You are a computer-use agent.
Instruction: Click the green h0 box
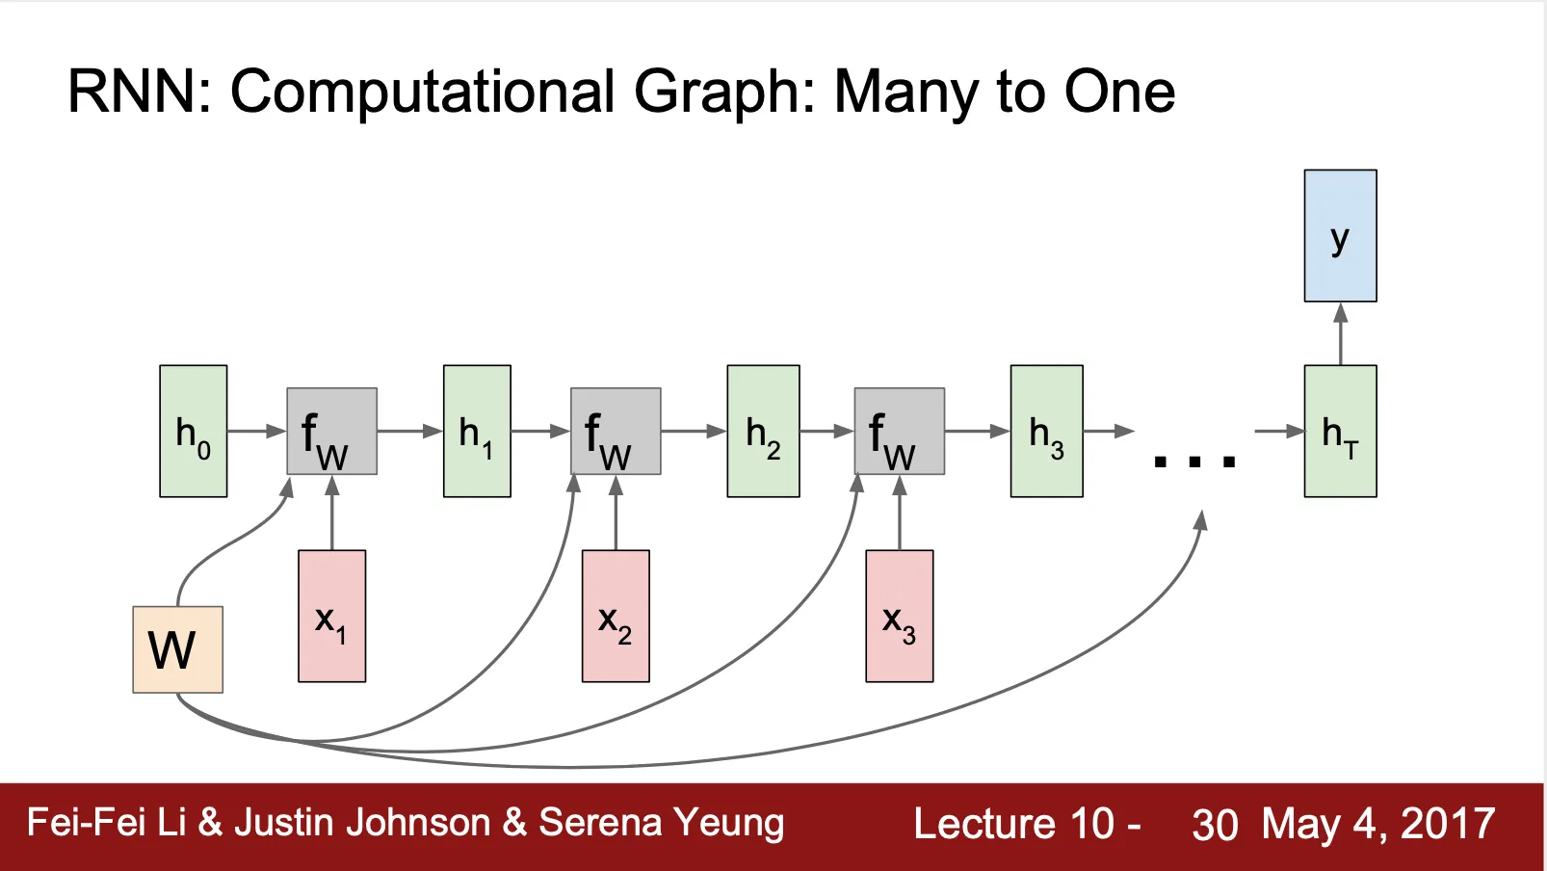193,431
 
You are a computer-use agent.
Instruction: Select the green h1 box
477,431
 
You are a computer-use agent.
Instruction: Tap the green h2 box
763,431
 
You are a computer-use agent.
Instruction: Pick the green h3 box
1046,431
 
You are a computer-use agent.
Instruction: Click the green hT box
1340,431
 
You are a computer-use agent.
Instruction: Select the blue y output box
1340,236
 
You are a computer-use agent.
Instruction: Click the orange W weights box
178,649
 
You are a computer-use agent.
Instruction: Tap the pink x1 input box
331,616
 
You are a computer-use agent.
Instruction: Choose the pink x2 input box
616,616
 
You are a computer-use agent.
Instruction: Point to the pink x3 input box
899,616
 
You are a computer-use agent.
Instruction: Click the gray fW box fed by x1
331,431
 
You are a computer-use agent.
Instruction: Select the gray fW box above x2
616,431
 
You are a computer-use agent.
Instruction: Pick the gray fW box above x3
899,431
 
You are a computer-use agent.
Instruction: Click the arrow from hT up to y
1340,333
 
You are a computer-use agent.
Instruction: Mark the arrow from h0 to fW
257,431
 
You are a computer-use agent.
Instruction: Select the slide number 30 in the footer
1214,825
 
